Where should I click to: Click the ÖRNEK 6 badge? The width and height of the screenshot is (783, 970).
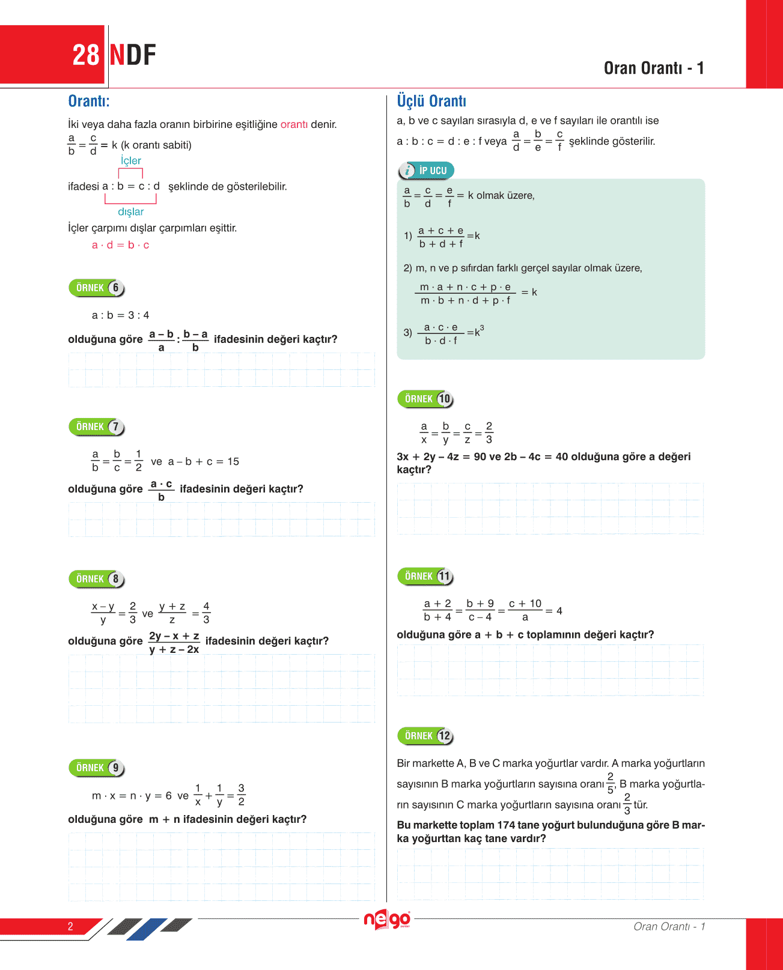96,288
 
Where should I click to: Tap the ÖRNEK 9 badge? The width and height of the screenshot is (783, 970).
96,768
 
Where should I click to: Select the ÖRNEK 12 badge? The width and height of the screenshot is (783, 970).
425,736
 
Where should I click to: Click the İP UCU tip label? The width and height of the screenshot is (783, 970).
427,171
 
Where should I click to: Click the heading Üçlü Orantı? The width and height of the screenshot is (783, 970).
431,101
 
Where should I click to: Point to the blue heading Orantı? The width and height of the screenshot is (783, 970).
89,101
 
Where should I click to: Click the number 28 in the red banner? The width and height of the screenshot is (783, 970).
85,55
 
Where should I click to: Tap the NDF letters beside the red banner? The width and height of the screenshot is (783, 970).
133,55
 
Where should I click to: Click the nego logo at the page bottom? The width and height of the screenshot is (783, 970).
387,920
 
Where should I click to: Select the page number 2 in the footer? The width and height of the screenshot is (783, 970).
70,926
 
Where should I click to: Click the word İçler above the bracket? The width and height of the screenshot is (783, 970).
130,160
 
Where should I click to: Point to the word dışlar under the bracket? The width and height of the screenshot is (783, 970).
130,211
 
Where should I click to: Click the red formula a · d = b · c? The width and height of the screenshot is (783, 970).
120,245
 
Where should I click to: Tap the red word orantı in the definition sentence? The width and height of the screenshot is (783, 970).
294,124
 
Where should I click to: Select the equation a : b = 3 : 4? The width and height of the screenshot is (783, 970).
120,315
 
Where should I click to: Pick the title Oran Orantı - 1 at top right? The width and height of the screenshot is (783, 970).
654,68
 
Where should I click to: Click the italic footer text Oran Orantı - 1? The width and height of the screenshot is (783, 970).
669,926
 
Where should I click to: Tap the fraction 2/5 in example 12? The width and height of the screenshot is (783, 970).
610,783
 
